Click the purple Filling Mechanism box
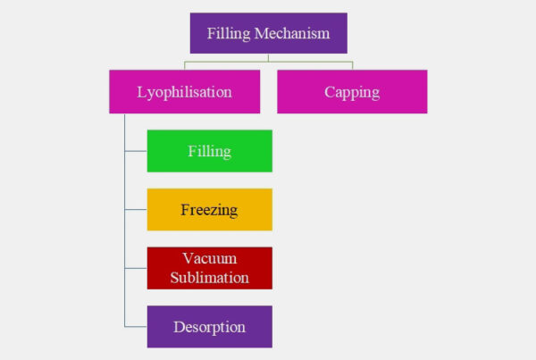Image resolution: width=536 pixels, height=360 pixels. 268,33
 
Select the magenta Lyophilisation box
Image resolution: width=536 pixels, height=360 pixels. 184,92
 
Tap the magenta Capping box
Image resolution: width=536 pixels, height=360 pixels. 352,92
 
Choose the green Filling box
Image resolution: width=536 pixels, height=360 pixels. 209,151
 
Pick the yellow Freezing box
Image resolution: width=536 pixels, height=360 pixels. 209,210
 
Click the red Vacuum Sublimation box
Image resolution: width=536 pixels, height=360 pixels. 209,268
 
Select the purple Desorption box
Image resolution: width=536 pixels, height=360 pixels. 209,327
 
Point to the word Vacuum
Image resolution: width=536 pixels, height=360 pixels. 209,259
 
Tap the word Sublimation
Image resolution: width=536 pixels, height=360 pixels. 209,278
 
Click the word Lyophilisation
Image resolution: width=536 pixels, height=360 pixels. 184,92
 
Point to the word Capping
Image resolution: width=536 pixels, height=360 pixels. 352,92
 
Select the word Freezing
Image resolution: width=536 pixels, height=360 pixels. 209,211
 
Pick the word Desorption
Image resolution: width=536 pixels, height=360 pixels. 209,327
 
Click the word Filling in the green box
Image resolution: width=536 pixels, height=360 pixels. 209,151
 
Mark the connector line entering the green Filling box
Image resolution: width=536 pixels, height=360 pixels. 136,151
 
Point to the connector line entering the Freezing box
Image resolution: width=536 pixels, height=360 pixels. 136,210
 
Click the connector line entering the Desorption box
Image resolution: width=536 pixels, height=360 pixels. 136,327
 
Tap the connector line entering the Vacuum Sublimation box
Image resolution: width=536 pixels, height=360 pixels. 136,268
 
